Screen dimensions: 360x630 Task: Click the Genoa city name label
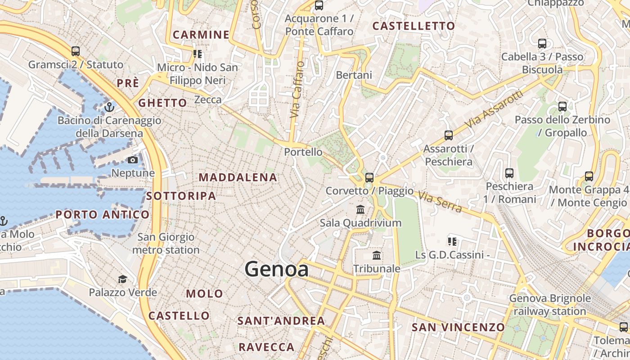[x=277, y=269]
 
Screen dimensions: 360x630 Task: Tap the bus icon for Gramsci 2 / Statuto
[x=76, y=51]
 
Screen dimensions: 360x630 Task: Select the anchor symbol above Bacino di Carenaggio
[x=109, y=107]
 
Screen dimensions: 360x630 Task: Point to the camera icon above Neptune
[x=133, y=160]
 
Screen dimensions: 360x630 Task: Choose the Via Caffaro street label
[x=297, y=90]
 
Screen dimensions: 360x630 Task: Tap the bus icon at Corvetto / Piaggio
[x=369, y=177]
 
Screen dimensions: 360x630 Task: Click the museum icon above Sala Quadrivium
[x=360, y=209]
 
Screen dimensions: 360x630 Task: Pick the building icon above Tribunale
[x=377, y=256]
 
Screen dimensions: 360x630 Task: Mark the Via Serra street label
[x=440, y=202]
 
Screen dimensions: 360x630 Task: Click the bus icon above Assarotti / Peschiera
[x=448, y=135]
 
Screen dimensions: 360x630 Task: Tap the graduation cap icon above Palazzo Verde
[x=122, y=279]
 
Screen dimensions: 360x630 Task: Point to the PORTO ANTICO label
[x=103, y=215]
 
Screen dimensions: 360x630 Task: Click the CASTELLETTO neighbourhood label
[x=414, y=26]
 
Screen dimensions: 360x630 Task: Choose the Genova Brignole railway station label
[x=550, y=305]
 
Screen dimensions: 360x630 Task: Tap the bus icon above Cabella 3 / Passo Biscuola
[x=542, y=44]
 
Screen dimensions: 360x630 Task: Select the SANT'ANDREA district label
[x=281, y=321]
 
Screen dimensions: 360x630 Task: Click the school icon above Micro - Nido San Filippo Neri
[x=197, y=54]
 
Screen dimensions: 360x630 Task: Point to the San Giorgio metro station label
[x=166, y=243]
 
